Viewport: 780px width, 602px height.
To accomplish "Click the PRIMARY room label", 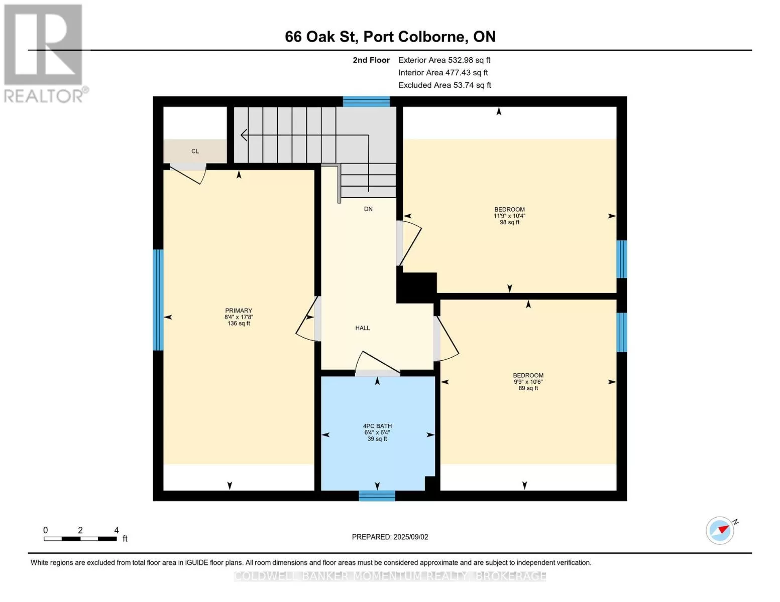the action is (x=239, y=311).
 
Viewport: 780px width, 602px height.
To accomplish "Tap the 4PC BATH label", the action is (x=377, y=426).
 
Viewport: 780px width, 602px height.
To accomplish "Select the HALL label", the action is (x=363, y=328).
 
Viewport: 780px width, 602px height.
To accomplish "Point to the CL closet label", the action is (x=195, y=152).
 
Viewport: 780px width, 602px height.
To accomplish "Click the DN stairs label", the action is (x=368, y=209).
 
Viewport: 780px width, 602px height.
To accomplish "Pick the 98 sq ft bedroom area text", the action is (x=509, y=222).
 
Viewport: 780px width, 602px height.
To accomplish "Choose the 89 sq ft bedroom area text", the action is (x=528, y=388).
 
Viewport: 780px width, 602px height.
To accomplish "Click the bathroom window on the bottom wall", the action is (x=377, y=496).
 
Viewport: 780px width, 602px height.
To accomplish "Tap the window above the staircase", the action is (x=366, y=101).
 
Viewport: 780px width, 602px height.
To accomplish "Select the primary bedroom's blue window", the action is (x=158, y=299).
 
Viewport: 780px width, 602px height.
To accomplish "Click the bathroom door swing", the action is (x=377, y=363).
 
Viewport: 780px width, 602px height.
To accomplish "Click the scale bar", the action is (x=80, y=538).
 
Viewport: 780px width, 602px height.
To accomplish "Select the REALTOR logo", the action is (x=45, y=54).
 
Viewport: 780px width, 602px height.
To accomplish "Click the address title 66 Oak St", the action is (x=321, y=37).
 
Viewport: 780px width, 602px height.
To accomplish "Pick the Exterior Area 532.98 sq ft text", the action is (x=444, y=60).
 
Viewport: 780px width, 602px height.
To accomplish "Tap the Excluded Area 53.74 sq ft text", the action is (x=444, y=85).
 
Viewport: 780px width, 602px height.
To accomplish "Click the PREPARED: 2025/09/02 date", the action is (x=390, y=537).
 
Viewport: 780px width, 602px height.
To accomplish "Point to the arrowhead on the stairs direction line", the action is (x=244, y=135).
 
